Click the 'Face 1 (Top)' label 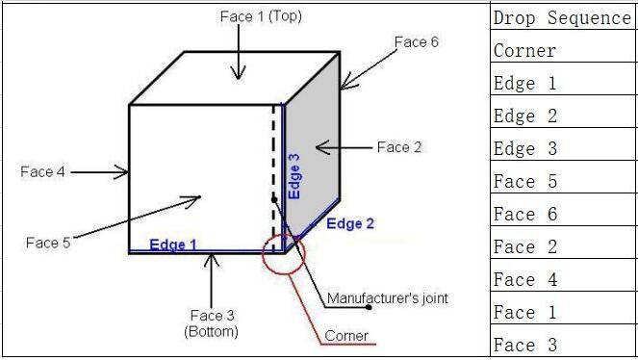(x=262, y=16)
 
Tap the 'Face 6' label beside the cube (x=417, y=42)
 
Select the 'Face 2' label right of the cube (x=398, y=147)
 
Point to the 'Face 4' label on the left (x=42, y=172)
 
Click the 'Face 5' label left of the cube (x=47, y=243)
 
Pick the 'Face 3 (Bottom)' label (x=211, y=322)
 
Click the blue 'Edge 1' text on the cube (x=173, y=244)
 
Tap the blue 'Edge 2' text (x=350, y=224)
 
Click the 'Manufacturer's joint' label (x=387, y=298)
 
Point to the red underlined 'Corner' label (x=346, y=336)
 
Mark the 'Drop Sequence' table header (x=562, y=17)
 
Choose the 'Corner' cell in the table (x=524, y=50)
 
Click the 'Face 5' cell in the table (x=524, y=182)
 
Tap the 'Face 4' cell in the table (x=524, y=280)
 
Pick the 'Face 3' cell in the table (x=524, y=345)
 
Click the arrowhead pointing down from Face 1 (x=238, y=74)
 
